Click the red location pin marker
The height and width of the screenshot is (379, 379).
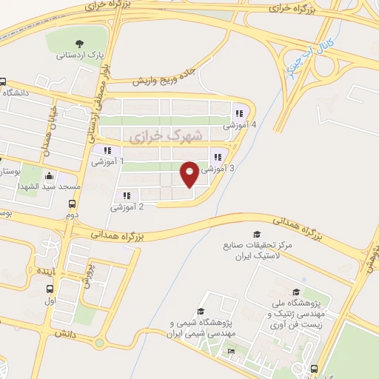pos(189,174)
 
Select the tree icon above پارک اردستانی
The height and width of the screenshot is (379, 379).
pos(80,44)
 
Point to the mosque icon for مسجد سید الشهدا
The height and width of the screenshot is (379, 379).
pos(50,176)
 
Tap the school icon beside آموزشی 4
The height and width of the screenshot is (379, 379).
pos(239,114)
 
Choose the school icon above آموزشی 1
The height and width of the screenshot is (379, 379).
pos(108,151)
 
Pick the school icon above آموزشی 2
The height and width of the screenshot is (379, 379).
pos(127,196)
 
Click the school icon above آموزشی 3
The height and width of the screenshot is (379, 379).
pos(218,157)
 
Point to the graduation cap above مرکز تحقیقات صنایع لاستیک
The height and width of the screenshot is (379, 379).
pos(257,234)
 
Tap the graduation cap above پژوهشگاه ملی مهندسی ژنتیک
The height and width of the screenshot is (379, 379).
pos(297,292)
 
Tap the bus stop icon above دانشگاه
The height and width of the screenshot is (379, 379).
pos(3,82)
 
